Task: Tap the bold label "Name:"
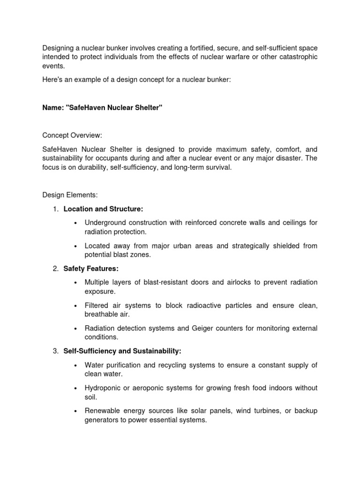[53, 108]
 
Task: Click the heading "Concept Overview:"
[72, 135]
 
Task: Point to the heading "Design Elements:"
[70, 195]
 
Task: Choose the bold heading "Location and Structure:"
[104, 209]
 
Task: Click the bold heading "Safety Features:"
[91, 269]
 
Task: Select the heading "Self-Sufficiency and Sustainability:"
[122, 351]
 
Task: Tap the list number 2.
[55, 269]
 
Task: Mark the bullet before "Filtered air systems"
[75, 306]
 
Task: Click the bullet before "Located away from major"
[75, 246]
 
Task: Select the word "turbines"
[263, 411]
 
